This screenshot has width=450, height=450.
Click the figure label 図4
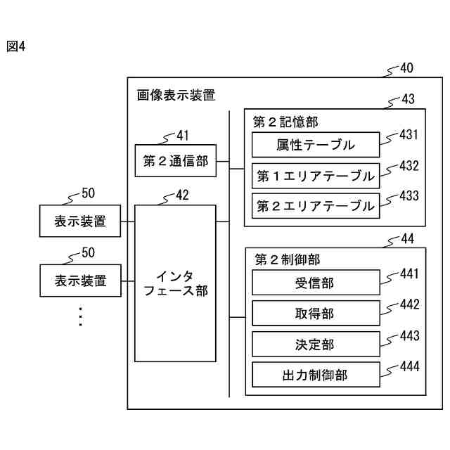click(x=16, y=46)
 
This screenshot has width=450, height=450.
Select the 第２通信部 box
click(x=175, y=160)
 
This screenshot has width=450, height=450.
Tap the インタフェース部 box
click(x=175, y=283)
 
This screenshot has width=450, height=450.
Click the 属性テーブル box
click(x=316, y=145)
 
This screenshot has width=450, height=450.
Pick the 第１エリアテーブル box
click(x=316, y=176)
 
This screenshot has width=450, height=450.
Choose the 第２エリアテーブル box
click(x=316, y=206)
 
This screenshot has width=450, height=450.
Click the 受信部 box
click(x=316, y=283)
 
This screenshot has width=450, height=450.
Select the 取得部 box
click(x=316, y=313)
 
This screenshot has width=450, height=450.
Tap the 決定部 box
click(x=316, y=344)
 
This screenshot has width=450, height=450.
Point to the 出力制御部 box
click(x=316, y=375)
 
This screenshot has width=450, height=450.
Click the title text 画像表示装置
click(x=176, y=95)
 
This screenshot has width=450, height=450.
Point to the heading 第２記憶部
click(x=285, y=122)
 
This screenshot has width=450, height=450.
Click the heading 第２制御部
click(x=288, y=259)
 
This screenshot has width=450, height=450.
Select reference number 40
click(x=406, y=68)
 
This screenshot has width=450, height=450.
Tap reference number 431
click(x=409, y=134)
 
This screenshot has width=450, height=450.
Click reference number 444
click(x=410, y=366)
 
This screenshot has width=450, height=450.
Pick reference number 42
click(x=182, y=195)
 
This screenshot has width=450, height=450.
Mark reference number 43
click(x=408, y=99)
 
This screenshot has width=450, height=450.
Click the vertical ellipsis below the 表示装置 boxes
click(x=81, y=317)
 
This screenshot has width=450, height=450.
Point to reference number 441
click(x=409, y=274)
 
